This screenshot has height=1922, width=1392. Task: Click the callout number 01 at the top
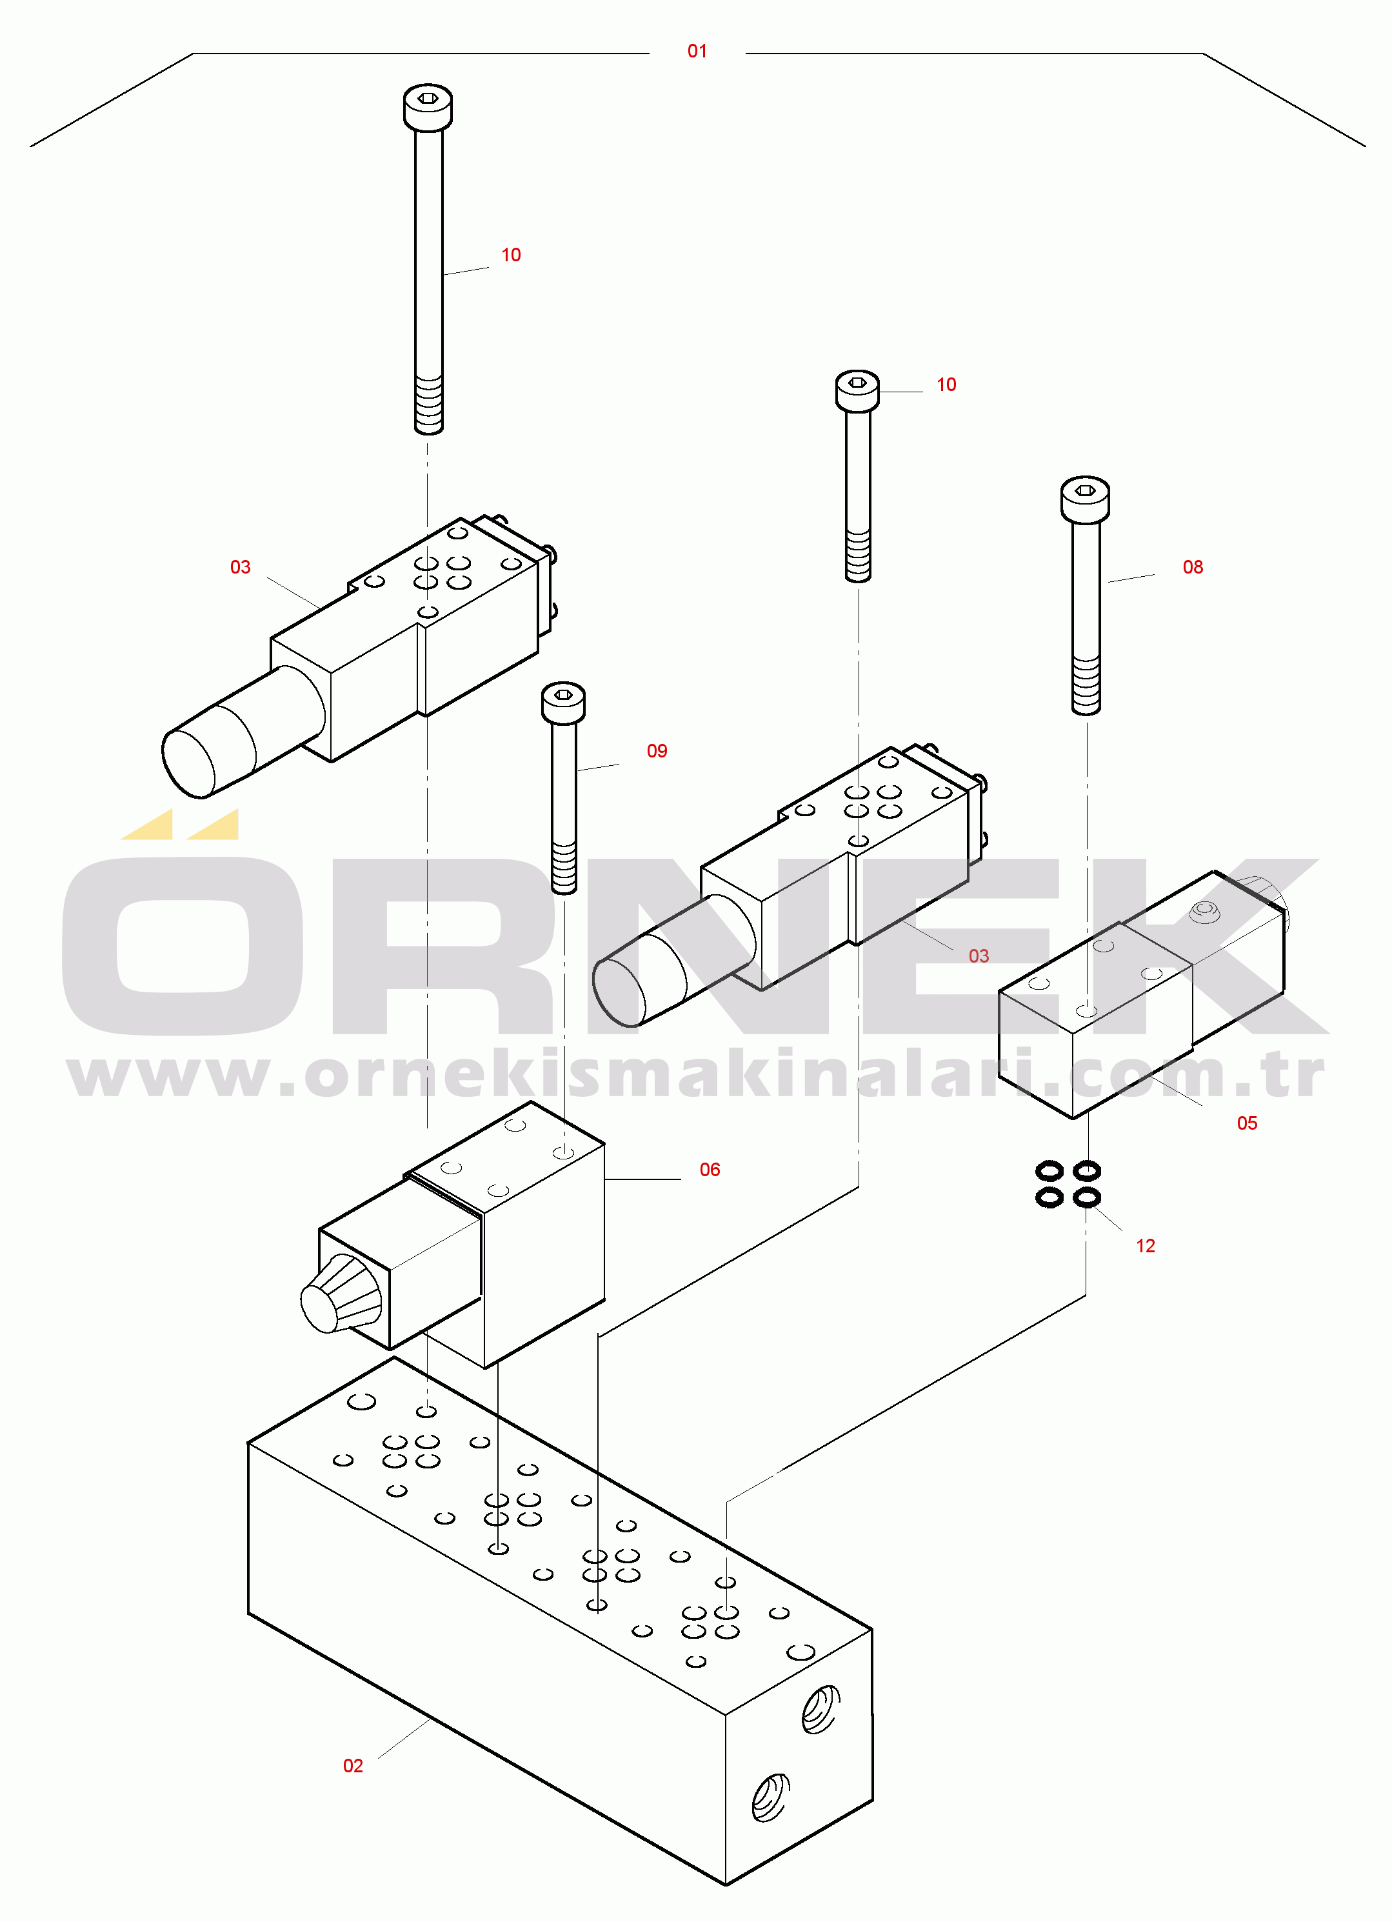pos(697,52)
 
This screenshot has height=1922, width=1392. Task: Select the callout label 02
pos(352,1765)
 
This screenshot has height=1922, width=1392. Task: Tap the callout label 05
pos(1246,1123)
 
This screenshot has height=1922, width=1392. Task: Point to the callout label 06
pos(709,1170)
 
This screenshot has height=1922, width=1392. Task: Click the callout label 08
pos(1192,567)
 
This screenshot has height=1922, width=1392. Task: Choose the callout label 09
pos(657,751)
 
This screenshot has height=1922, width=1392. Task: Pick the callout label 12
pos(1144,1246)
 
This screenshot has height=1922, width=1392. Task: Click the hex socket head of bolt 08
pos(1084,498)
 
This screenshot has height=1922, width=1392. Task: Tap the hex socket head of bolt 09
pos(562,703)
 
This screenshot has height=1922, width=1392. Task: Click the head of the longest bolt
pos(427,108)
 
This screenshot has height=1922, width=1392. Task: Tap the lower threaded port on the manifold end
pos(771,1797)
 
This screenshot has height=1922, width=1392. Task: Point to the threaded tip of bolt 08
pos(1086,685)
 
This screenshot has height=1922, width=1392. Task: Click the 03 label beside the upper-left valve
pos(240,567)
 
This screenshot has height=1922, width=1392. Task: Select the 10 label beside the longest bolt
pos(510,255)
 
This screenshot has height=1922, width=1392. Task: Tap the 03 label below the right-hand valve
pos(978,956)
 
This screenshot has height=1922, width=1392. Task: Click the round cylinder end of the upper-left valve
pos(188,762)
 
